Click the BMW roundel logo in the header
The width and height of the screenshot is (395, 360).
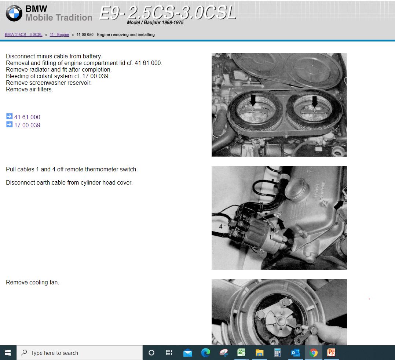(x=14, y=14)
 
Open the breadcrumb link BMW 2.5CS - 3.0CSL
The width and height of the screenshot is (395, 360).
(x=23, y=35)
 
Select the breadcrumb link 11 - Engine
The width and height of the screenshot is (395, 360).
(x=59, y=35)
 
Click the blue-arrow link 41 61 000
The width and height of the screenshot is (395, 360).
(x=27, y=117)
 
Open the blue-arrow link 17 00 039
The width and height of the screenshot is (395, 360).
(x=27, y=125)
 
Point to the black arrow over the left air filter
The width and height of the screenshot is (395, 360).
(x=253, y=100)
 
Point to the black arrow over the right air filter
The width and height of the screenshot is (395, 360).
(x=314, y=101)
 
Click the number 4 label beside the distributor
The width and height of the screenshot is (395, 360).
(x=221, y=226)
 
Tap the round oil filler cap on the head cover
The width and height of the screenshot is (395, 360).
(x=296, y=189)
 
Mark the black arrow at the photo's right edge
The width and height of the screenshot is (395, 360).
(x=339, y=206)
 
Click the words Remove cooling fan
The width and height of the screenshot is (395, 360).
(x=32, y=283)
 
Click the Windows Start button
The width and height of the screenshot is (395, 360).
(x=8, y=353)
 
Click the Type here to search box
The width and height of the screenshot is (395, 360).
(x=79, y=353)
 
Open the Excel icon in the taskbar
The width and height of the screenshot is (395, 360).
(x=241, y=353)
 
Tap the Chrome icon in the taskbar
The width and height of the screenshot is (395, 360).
(x=313, y=353)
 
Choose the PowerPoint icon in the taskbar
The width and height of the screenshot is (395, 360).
(x=331, y=353)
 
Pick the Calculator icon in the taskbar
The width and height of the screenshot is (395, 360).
(x=278, y=353)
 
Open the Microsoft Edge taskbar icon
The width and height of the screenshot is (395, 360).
(x=205, y=353)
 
